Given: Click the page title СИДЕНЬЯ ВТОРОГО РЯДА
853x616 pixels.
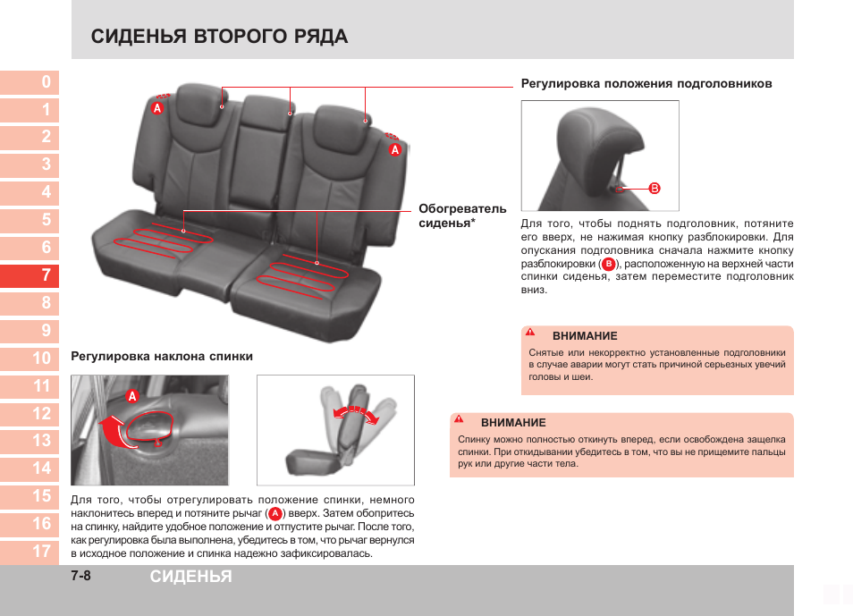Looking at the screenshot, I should coord(219,37).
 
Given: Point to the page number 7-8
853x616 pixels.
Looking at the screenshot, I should coord(81,577).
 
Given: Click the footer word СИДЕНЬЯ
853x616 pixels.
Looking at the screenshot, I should coord(190,577).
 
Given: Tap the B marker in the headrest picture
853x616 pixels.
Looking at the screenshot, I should coord(655,189).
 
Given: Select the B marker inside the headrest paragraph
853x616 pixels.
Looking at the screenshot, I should coord(608,265).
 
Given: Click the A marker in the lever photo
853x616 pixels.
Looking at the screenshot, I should coord(131,396).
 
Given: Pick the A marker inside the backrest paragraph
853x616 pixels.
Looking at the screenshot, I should coord(275,514).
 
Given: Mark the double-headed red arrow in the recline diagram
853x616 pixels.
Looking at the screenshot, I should coord(355,414).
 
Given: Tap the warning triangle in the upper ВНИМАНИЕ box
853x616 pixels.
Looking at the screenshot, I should coord(530,333).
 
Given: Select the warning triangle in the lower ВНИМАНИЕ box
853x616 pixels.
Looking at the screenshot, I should coord(459,419).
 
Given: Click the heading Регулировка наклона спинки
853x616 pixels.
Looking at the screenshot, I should coord(162,356).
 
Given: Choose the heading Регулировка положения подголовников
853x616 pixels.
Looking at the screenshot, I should coord(646,83).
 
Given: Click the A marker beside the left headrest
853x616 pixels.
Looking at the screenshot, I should coord(156,108).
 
